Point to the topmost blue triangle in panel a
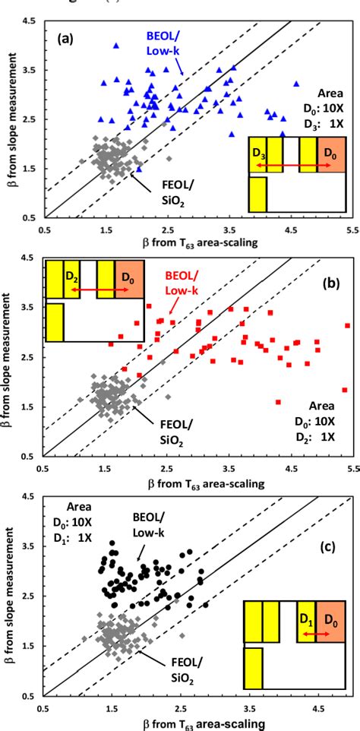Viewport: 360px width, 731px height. click(x=116, y=46)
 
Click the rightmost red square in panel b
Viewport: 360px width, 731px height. click(x=347, y=326)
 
